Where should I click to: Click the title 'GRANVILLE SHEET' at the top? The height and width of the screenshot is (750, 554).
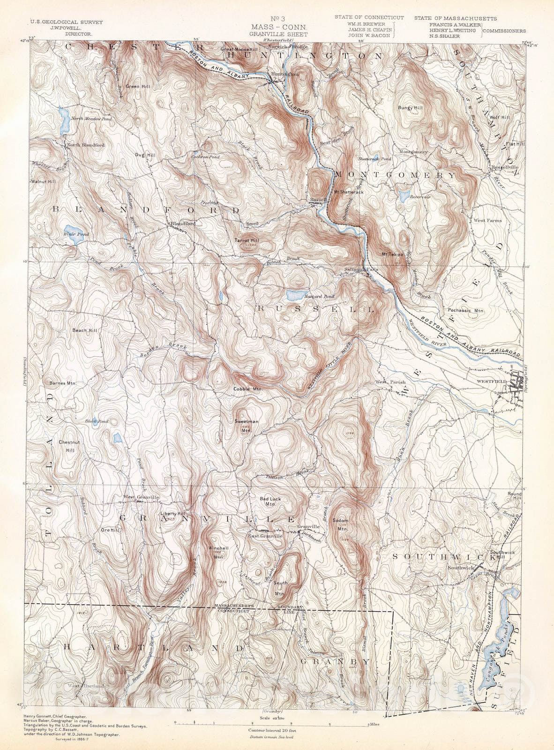click(278, 34)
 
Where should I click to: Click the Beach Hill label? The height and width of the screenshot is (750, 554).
click(85, 330)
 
